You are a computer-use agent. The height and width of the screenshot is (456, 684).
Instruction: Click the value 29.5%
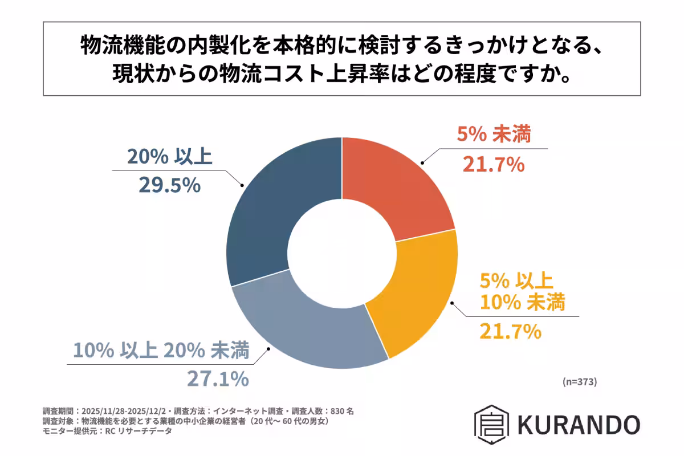169,184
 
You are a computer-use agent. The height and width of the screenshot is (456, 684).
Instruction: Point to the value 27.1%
218,378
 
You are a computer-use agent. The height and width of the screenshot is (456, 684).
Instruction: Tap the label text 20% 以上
169,156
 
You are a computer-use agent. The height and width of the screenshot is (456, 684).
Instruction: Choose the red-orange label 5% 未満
494,136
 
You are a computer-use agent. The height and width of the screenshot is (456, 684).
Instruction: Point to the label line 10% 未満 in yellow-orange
522,303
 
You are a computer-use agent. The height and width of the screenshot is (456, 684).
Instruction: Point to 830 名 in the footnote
344,410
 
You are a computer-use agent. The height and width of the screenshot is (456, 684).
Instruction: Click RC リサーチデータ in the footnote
135,431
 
